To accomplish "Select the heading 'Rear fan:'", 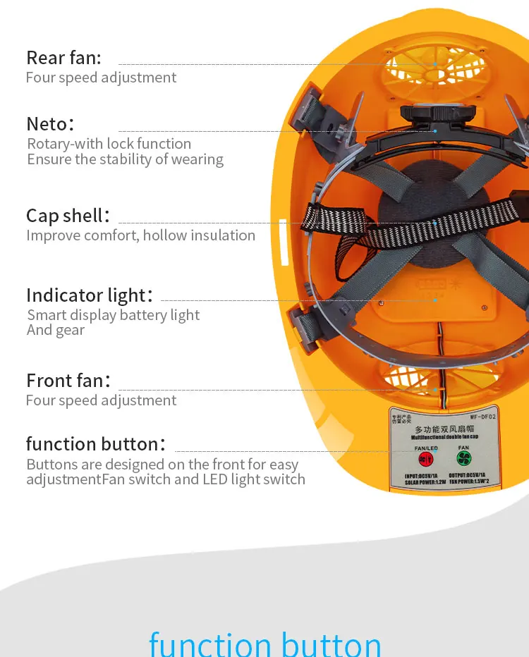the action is pos(64,57).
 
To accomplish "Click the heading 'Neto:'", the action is pos(49,123).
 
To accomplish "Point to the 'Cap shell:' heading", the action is pos(68,215).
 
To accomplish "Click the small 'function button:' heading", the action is pos(95,444).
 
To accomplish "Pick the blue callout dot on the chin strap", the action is pos(436,223).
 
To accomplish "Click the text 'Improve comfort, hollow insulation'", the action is pos(140,235).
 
